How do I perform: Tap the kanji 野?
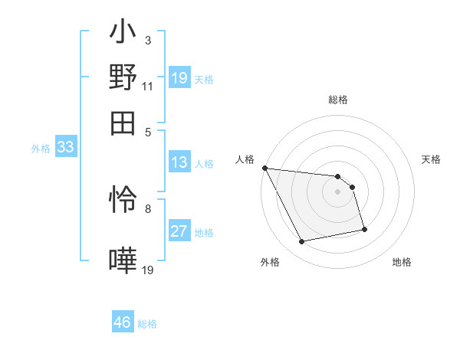[x=123, y=77]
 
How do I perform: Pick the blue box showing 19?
[x=179, y=77]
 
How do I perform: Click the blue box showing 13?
[x=179, y=162]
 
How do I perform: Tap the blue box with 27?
[x=179, y=231]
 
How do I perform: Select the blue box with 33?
[x=65, y=148]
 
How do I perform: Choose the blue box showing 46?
[x=123, y=322]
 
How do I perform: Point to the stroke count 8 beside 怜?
[x=147, y=208]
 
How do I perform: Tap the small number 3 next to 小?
[x=147, y=40]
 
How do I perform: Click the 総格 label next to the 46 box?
[x=147, y=324]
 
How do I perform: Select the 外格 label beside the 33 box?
[x=40, y=149]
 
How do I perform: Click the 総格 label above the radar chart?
[x=338, y=100]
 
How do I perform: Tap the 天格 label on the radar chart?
[x=432, y=159]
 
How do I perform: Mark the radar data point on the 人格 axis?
[x=264, y=168]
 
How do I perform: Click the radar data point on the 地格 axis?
[x=364, y=229]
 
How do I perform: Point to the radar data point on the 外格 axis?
[x=302, y=242]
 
